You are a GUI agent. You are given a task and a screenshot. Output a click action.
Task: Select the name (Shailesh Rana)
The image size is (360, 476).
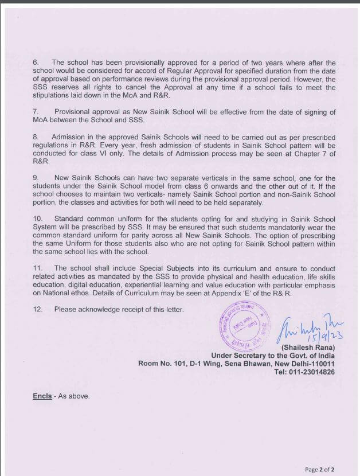tap(307, 348)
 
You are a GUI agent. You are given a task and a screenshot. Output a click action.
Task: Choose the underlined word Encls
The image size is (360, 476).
tap(42, 396)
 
